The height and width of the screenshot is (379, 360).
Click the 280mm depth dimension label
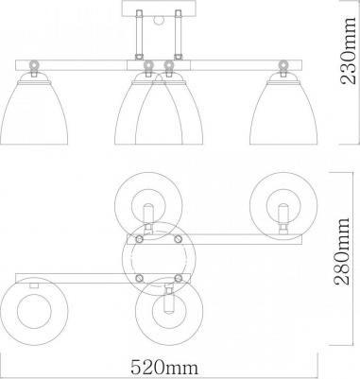(342, 251)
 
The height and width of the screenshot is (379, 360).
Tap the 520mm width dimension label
(164, 367)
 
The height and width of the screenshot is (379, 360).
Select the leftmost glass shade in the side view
(34, 112)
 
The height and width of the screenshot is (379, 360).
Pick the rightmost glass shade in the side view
(283, 112)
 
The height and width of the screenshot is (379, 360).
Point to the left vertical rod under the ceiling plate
(139, 35)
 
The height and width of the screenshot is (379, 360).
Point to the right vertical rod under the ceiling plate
(179, 35)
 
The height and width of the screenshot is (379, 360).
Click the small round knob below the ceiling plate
(158, 21)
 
